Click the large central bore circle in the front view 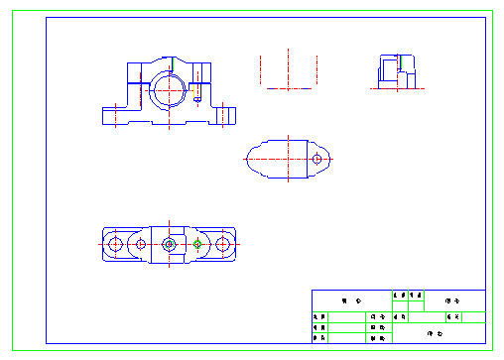(171, 88)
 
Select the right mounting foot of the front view (224, 114)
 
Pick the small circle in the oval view (316, 159)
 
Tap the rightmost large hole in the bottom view (224, 243)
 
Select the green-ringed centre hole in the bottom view (171, 243)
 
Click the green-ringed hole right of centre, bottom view (197, 243)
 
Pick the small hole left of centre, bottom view (142, 243)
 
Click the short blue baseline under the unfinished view (289, 89)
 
